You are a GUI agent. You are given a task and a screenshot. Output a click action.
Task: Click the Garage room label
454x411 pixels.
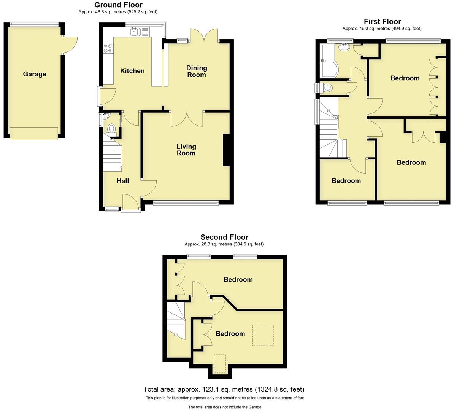click(x=34, y=74)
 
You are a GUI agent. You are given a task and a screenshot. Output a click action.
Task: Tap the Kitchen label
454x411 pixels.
click(x=132, y=71)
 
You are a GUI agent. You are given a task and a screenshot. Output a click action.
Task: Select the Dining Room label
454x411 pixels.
click(x=197, y=71)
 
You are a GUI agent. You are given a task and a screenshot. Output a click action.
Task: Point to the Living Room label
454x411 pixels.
click(x=186, y=150)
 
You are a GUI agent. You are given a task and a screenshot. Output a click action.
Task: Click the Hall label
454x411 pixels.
click(x=123, y=181)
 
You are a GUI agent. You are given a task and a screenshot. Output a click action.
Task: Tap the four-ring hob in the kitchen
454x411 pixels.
click(x=108, y=48)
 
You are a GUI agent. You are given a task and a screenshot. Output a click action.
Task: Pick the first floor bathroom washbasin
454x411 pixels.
click(x=344, y=47)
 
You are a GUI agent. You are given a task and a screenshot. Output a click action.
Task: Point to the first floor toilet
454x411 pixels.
click(x=326, y=88)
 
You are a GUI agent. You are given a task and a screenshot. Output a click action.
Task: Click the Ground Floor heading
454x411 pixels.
click(x=118, y=5)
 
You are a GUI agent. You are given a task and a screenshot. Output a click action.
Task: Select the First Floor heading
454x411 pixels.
click(x=382, y=22)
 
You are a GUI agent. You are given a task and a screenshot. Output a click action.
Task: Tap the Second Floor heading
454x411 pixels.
click(x=224, y=237)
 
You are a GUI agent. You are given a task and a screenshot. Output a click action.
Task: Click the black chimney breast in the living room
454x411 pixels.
click(x=226, y=150)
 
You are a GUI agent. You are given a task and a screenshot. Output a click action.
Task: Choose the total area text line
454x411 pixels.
click(x=224, y=389)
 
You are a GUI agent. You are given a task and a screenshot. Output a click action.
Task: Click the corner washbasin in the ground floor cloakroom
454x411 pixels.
click(x=105, y=116)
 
